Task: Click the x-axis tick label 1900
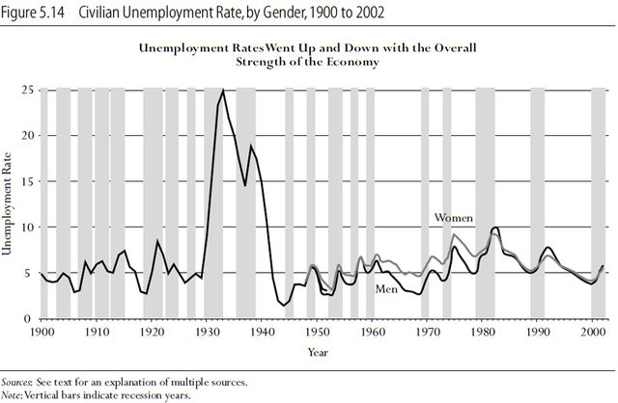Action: [x=40, y=330]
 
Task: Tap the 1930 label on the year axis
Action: [x=207, y=330]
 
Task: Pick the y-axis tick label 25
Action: [x=29, y=90]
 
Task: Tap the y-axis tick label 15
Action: [x=29, y=181]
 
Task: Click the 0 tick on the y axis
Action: [x=32, y=319]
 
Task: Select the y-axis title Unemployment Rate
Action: [x=12, y=204]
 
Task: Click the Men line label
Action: [x=388, y=288]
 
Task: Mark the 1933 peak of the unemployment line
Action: [x=224, y=91]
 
